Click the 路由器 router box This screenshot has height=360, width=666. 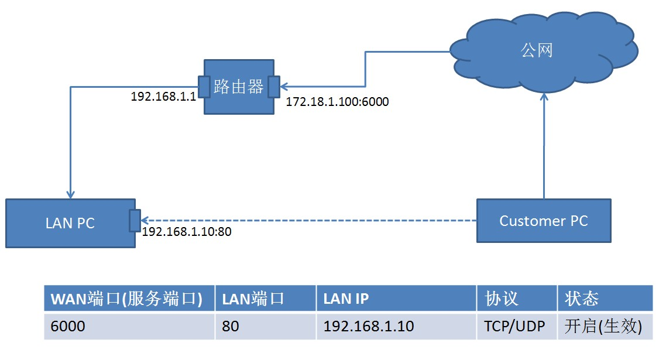[x=239, y=87]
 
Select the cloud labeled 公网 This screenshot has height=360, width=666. [x=537, y=52]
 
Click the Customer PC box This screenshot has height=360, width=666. [x=543, y=221]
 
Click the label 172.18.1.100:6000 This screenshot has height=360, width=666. [x=337, y=102]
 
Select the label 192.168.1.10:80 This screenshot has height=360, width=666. [x=187, y=232]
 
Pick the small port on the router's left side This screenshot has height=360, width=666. [x=204, y=87]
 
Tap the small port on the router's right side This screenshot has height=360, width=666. [x=273, y=87]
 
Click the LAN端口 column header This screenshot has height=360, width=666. [x=265, y=299]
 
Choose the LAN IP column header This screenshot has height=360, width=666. [x=396, y=299]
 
